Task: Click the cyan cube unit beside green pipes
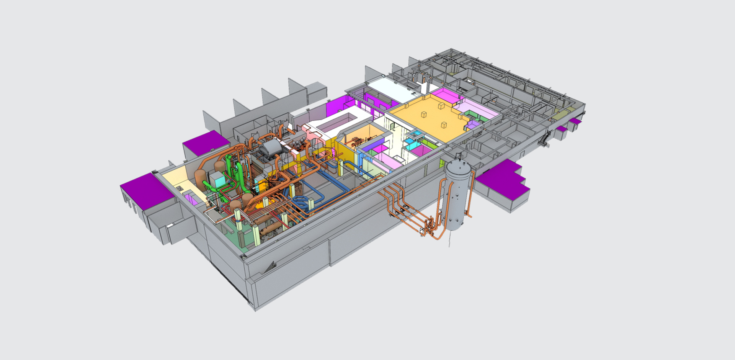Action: pos(216,179)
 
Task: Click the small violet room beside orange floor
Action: pos(472,124)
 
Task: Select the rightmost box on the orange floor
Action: pos(444,124)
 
